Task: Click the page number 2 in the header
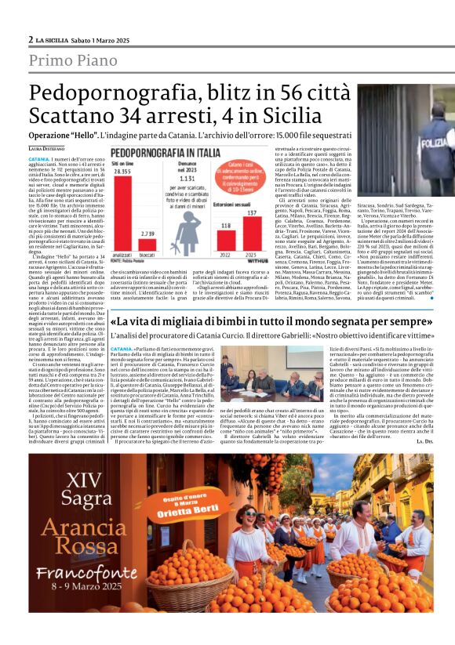coord(31,39)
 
